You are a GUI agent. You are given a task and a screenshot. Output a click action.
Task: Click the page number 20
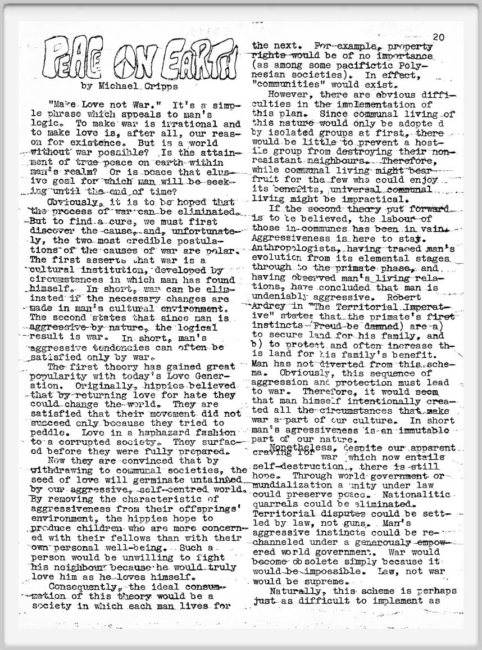pyautogui.click(x=438, y=37)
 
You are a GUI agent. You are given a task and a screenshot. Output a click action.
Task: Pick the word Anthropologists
pyautogui.click(x=284, y=248)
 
